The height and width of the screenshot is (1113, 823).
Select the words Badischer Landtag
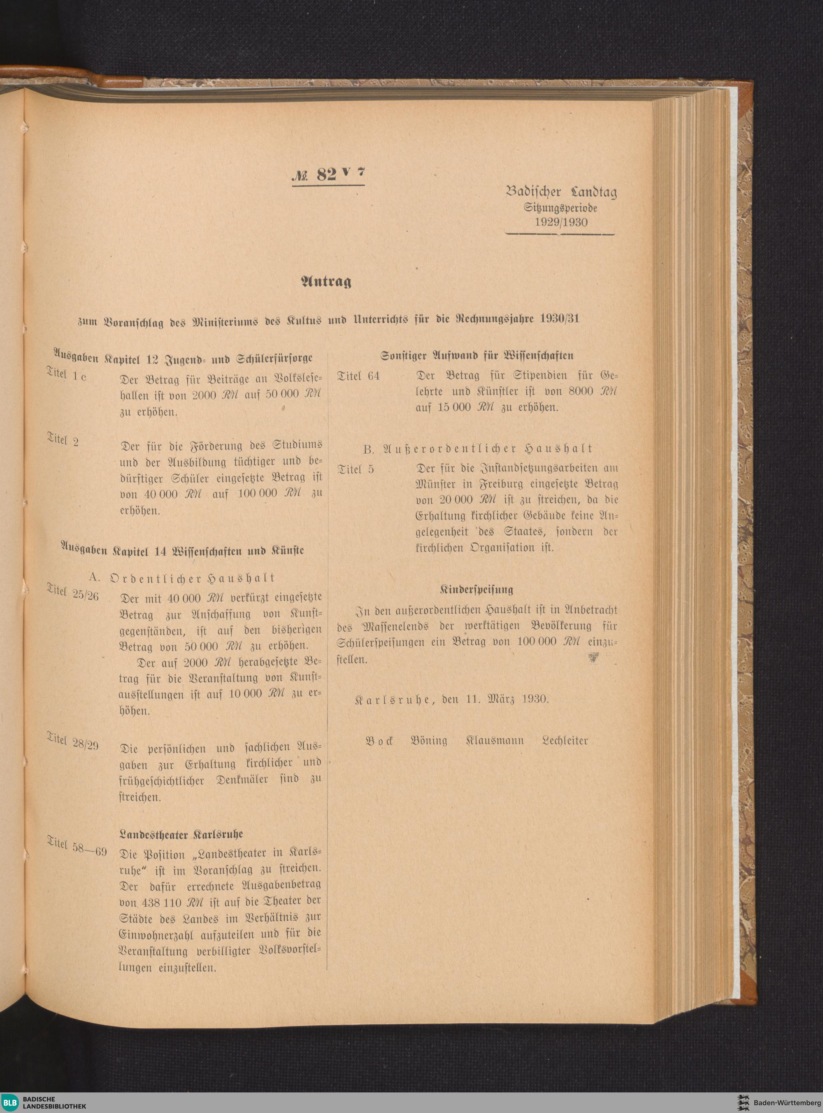[x=561, y=192]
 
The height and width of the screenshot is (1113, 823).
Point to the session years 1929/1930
[x=561, y=222]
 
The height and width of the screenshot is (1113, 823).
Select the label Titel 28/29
[x=73, y=742]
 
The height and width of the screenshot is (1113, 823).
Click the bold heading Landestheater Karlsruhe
[x=181, y=834]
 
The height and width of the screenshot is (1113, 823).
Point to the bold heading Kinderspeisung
[x=476, y=589]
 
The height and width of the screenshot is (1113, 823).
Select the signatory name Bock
[x=380, y=741]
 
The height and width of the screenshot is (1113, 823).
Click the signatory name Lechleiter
[x=565, y=741]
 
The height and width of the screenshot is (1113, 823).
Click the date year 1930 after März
[x=535, y=699]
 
